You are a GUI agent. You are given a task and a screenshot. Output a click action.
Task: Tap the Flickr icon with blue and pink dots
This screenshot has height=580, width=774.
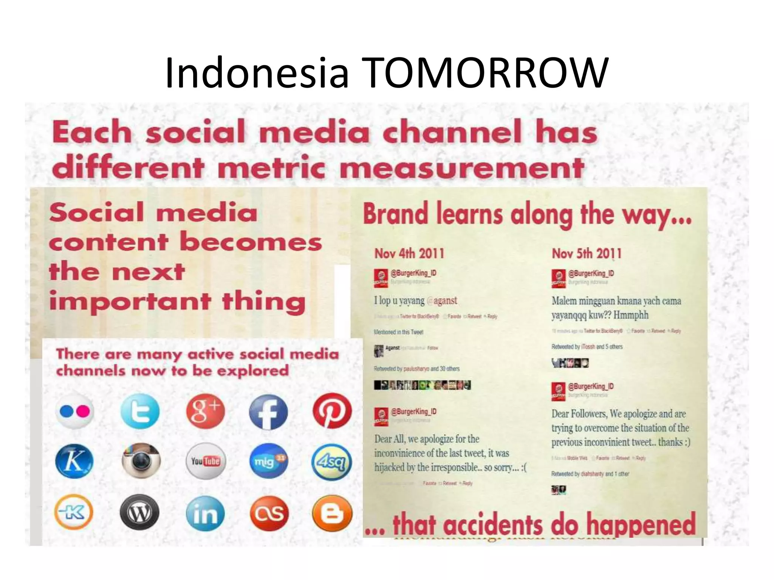click(x=75, y=411)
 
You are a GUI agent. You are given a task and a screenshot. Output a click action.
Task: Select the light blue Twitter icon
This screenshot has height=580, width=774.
click(x=140, y=411)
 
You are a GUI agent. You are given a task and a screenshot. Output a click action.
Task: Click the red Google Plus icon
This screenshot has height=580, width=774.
click(x=205, y=411)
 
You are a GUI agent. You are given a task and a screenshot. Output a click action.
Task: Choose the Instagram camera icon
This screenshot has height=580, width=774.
click(x=141, y=461)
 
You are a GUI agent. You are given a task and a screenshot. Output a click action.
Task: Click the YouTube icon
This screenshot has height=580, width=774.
click(x=206, y=461)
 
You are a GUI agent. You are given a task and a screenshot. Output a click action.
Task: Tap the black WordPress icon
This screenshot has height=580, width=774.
click(x=139, y=512)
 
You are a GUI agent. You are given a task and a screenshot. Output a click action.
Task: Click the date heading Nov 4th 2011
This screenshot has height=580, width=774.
click(x=409, y=253)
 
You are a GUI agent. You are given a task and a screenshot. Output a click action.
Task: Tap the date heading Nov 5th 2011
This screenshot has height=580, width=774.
click(x=587, y=253)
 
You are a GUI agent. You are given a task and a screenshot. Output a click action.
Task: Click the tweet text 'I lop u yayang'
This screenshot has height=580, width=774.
click(x=400, y=301)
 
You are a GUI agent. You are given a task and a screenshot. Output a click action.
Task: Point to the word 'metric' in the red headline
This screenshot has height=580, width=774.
click(x=271, y=168)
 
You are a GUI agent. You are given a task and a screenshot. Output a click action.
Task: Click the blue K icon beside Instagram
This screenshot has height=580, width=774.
click(x=74, y=461)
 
